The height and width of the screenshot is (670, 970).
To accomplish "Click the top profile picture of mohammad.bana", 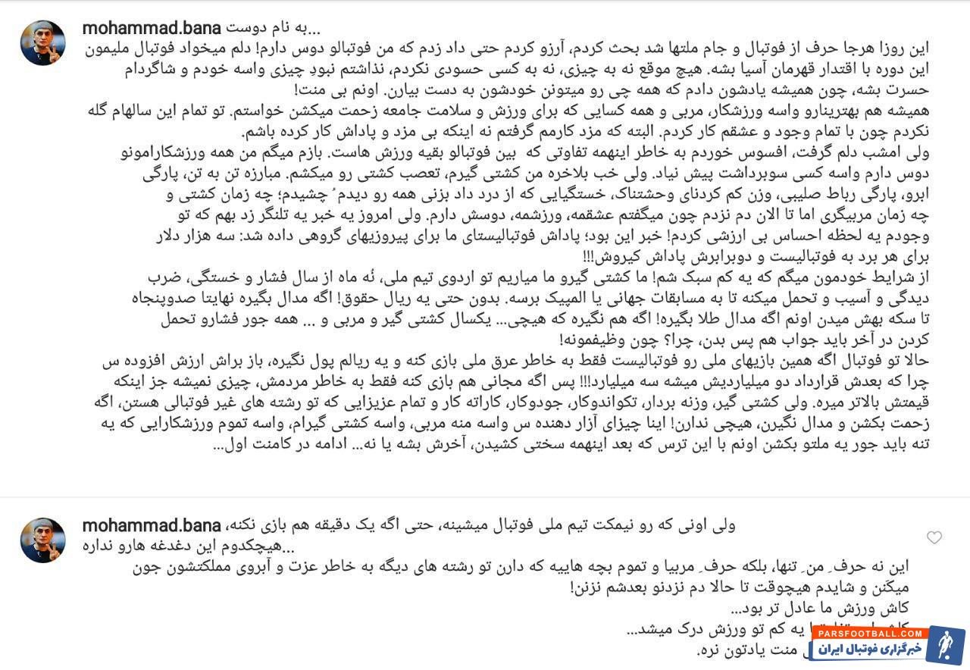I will coord(42,42).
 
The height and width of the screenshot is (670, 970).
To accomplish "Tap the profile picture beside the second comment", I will coord(42,540).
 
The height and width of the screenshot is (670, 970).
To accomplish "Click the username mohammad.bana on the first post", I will coord(152,29).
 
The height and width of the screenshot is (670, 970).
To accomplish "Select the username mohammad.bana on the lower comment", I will coord(152,525).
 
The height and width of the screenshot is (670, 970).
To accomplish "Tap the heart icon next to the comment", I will coord(934,537).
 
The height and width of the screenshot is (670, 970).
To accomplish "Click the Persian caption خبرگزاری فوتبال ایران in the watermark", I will coord(867,649).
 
